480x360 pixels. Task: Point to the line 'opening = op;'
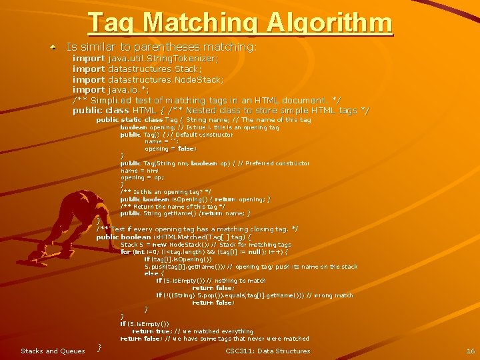tap(142, 178)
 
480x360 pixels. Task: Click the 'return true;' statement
tap(151, 331)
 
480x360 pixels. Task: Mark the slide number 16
tap(471, 351)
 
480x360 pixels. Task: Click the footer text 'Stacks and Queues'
tap(53, 351)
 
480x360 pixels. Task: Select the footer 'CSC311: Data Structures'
tap(267, 351)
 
